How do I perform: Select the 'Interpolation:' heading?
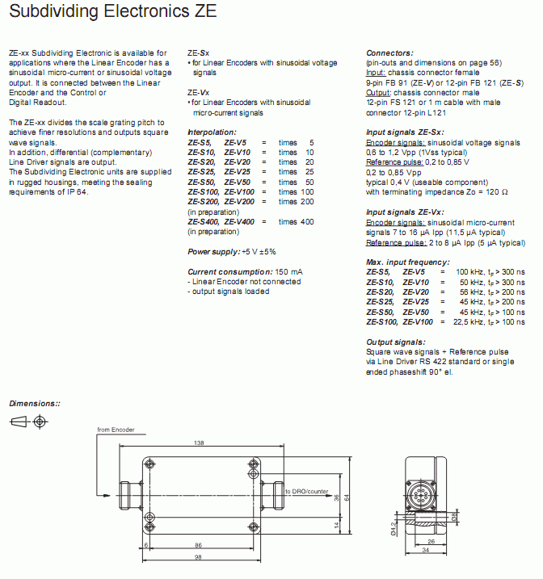pos(212,132)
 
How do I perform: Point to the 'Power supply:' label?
pos(213,252)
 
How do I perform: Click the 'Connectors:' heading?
pos(389,53)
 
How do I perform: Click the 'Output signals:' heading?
pos(395,342)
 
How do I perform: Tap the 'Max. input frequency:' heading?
pos(407,262)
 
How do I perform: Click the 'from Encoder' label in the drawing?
pos(116,430)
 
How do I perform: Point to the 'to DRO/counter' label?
pos(305,491)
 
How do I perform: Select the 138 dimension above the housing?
pos(199,443)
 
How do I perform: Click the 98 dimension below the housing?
pos(198,558)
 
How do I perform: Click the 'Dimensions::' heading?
pos(35,403)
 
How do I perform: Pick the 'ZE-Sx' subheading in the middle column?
pos(198,53)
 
